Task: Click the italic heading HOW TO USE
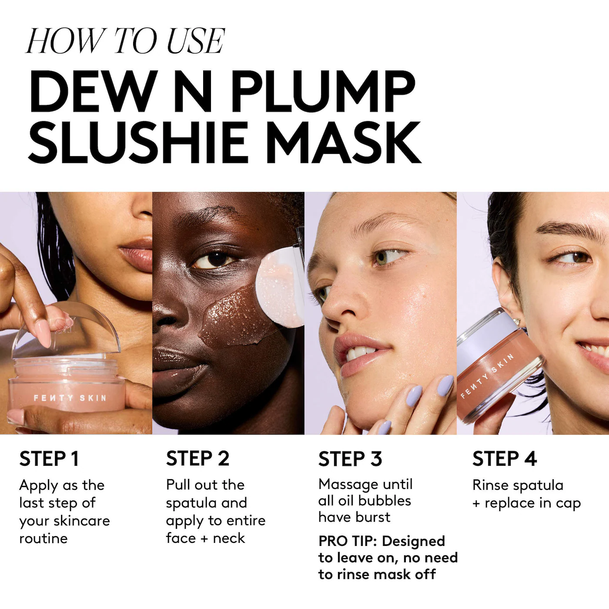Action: tap(125, 41)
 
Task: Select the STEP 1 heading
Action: tap(49, 459)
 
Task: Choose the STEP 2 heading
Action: tap(197, 458)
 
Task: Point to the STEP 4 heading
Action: tap(505, 459)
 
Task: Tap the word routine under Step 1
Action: tap(43, 539)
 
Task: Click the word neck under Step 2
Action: tap(229, 538)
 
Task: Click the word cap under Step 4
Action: tap(568, 503)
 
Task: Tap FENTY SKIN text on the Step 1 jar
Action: tap(70, 398)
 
